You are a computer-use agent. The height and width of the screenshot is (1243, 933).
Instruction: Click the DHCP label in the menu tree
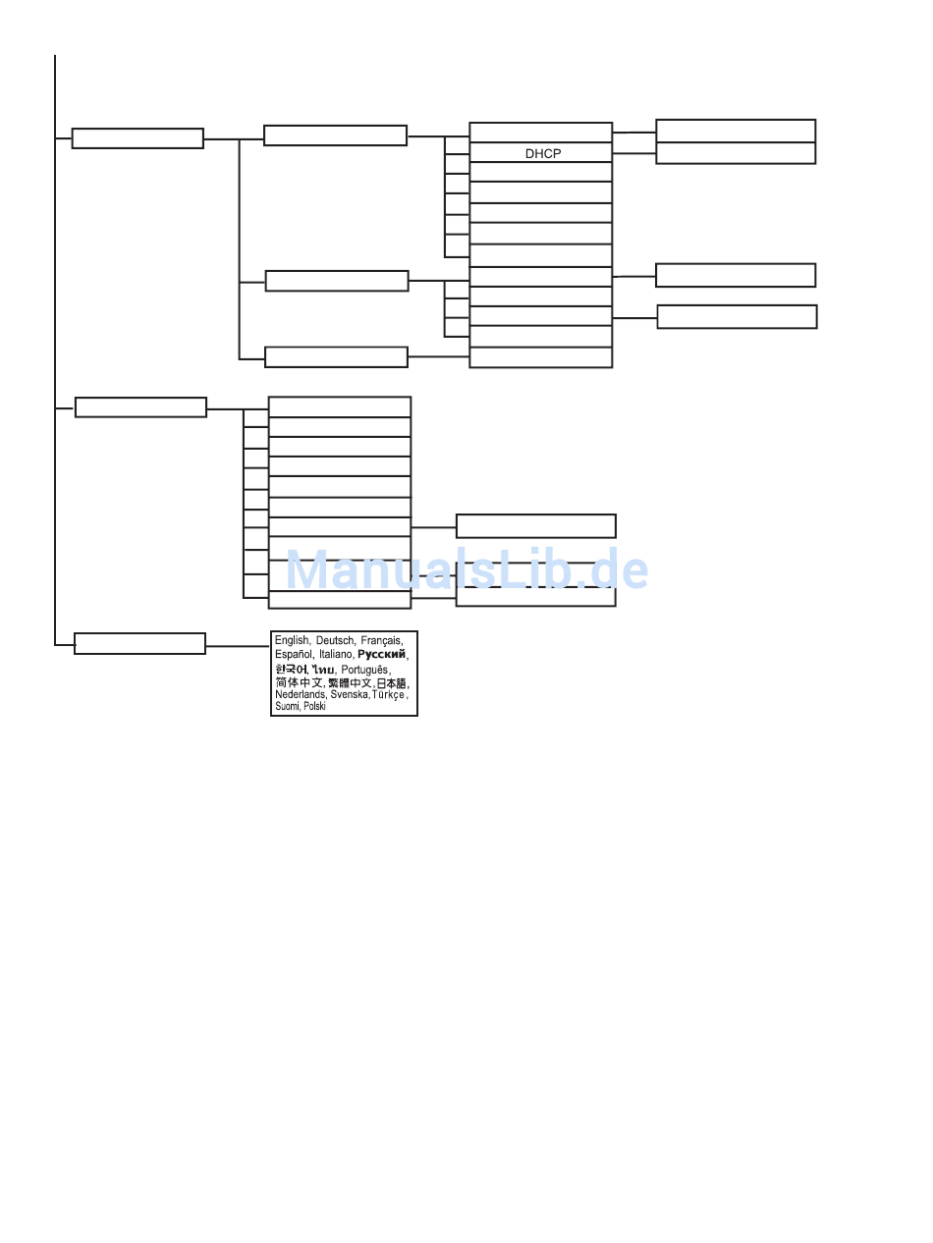click(x=543, y=153)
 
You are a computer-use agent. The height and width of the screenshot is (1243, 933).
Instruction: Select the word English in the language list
click(x=293, y=640)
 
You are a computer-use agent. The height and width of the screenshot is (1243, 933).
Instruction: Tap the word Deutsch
click(x=335, y=640)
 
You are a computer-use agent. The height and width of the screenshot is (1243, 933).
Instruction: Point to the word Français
click(x=382, y=640)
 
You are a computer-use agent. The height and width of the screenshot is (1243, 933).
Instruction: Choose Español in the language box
click(x=294, y=654)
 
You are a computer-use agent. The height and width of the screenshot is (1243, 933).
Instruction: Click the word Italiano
click(x=336, y=654)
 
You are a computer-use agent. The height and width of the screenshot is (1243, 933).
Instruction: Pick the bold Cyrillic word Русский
click(x=382, y=654)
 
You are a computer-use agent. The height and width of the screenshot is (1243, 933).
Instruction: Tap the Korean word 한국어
click(x=291, y=669)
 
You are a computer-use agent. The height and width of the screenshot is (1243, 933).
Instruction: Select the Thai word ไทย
click(x=323, y=670)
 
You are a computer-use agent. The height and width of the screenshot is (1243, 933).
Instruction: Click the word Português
click(x=364, y=670)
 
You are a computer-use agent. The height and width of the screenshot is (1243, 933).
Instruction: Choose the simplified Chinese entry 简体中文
click(x=300, y=683)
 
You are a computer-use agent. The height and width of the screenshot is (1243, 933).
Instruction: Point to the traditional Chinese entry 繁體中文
click(x=350, y=683)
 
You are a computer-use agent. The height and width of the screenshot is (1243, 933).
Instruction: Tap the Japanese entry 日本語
click(x=392, y=683)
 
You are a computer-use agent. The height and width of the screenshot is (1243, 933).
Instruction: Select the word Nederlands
click(x=301, y=694)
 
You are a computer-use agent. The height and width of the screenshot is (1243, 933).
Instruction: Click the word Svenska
click(x=350, y=694)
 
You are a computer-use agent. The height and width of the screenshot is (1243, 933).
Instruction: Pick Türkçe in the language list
click(x=389, y=694)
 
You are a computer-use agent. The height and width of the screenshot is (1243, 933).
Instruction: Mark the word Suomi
click(x=287, y=706)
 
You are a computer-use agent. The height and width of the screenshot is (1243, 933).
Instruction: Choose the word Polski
click(x=314, y=706)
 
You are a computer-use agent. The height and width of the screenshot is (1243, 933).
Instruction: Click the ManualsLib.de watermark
click(x=466, y=569)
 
